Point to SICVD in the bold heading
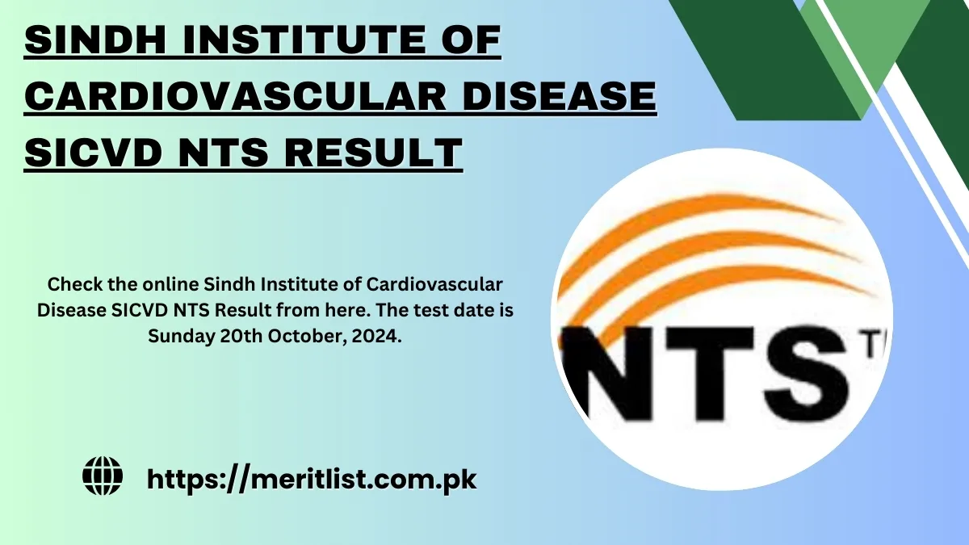(94, 152)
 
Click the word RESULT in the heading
(373, 152)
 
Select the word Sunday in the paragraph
(181, 336)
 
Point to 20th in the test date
(241, 336)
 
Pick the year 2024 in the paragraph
(376, 336)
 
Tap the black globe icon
(103, 476)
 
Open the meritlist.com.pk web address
(312, 480)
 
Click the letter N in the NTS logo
(609, 374)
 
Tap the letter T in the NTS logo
(710, 374)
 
